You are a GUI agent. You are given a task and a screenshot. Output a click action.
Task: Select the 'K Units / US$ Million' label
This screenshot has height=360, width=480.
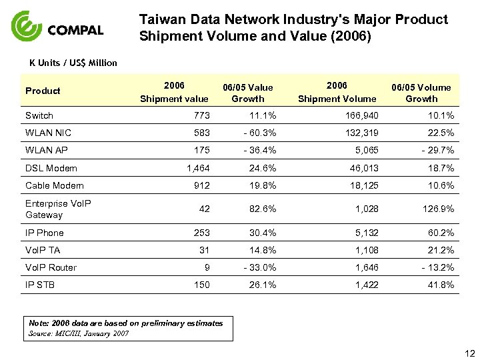pyautogui.click(x=73, y=63)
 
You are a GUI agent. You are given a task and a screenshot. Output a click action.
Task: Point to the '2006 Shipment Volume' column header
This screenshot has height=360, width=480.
pyautogui.click(x=337, y=92)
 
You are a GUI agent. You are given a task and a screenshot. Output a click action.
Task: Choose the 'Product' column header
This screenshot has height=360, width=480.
pyautogui.click(x=43, y=91)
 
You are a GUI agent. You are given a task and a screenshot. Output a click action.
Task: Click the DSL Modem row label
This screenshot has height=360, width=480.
pyautogui.click(x=51, y=168)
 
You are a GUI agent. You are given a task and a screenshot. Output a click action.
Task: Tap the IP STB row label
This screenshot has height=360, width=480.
pyautogui.click(x=40, y=285)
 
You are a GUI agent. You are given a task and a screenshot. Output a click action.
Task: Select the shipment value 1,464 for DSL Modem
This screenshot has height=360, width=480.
pyautogui.click(x=198, y=168)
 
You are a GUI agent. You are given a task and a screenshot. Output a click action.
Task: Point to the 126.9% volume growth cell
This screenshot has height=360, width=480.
pyautogui.click(x=437, y=209)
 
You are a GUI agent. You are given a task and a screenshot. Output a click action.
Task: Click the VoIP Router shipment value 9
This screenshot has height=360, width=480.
pyautogui.click(x=207, y=267)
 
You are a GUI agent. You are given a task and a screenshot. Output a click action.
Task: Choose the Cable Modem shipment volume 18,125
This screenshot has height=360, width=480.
pyautogui.click(x=364, y=185)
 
